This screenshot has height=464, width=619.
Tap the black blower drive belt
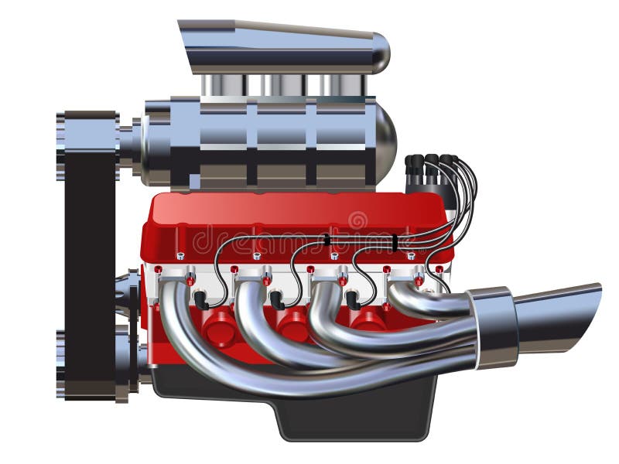90,255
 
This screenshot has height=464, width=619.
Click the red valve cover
294,220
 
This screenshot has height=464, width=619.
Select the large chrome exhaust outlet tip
557,317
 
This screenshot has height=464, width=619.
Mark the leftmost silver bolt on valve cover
180,256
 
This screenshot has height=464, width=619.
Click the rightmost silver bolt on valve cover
411,256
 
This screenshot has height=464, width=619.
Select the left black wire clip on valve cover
327,240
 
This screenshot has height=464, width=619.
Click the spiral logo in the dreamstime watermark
357,221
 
